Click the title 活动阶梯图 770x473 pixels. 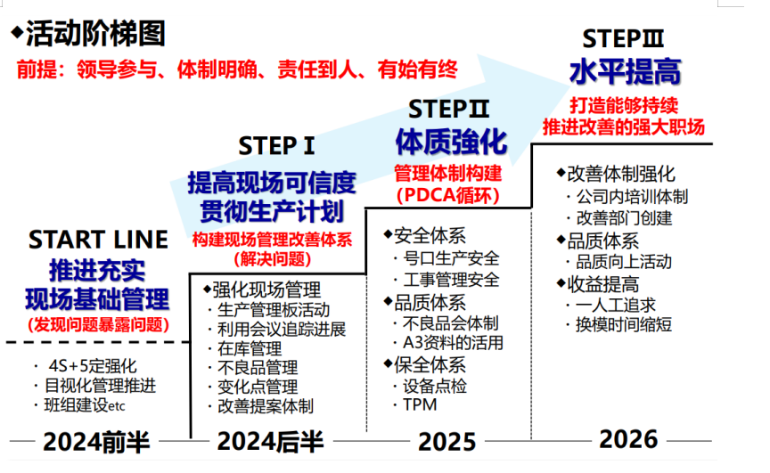[95, 33]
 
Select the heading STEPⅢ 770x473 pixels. [623, 39]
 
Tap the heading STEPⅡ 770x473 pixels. [448, 109]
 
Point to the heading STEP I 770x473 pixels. [276, 146]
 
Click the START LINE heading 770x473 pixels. [98, 240]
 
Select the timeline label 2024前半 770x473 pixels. [96, 441]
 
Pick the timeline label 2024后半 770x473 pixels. [270, 441]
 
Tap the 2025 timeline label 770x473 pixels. [446, 442]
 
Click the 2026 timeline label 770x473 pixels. [628, 439]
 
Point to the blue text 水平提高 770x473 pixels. [625, 71]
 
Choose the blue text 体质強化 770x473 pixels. [451, 142]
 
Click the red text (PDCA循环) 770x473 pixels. [448, 195]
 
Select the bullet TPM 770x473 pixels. [420, 404]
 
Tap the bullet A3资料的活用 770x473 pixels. [453, 342]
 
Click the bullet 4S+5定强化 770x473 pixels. [93, 366]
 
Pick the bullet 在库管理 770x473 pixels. [250, 348]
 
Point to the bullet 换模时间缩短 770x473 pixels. [624, 325]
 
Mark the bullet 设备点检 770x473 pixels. [435, 387]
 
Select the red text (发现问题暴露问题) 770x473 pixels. [98, 324]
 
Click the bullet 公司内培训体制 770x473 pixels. [632, 196]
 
